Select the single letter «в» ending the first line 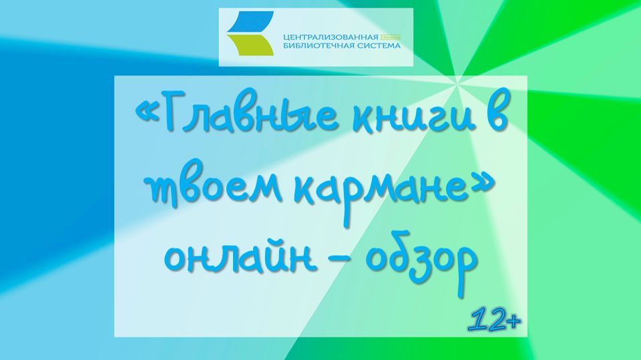click(493, 120)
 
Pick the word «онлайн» click(240, 258)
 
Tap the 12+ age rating click(494, 321)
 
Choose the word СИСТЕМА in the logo click(381, 47)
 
